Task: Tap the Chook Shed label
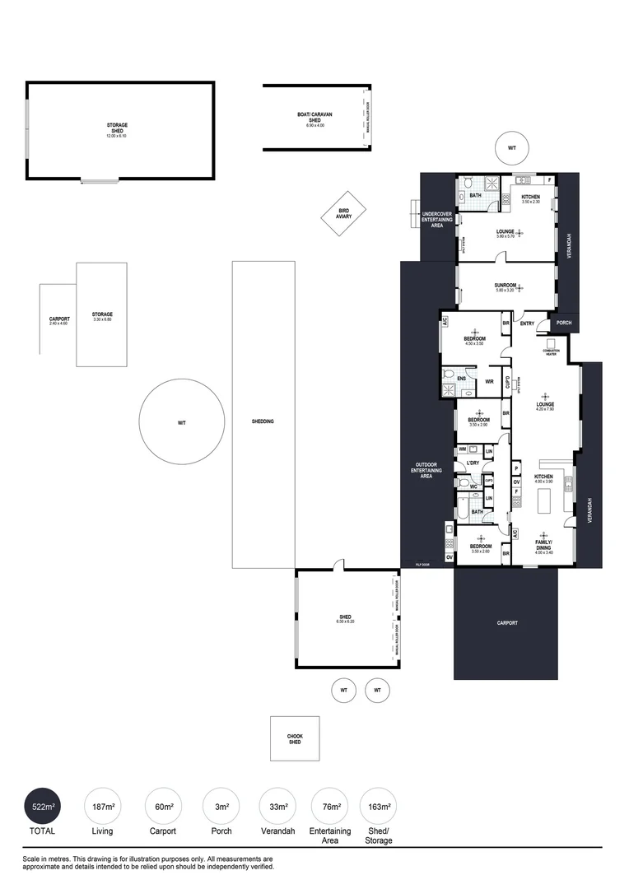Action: pos(295,738)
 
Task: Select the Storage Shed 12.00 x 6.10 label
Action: pos(117,128)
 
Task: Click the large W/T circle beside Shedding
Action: pos(182,422)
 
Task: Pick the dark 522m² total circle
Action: pos(43,807)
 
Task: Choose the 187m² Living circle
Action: pos(103,807)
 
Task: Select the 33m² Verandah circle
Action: pos(278,807)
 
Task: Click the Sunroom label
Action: pos(505,285)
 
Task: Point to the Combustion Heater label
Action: pos(551,351)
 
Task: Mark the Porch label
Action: pos(564,323)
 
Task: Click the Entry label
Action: pos(527,323)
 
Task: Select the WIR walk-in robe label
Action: pos(489,381)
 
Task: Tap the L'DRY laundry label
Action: pos(473,463)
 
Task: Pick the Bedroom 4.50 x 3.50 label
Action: pos(474,340)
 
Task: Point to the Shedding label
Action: pos(263,421)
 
